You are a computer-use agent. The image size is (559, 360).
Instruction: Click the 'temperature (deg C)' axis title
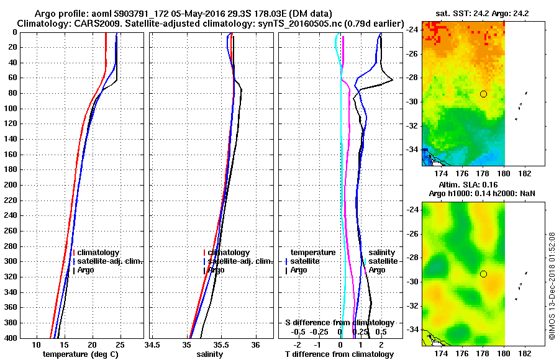tap(80, 354)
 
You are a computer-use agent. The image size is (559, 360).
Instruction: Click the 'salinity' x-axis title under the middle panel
tap(209, 354)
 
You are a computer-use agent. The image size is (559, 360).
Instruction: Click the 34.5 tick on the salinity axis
tap(152, 344)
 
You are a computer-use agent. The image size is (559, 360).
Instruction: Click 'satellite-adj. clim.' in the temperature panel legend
tap(109, 261)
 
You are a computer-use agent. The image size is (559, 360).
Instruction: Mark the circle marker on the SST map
tap(483, 94)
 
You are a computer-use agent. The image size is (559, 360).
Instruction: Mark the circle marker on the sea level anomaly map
tap(483, 274)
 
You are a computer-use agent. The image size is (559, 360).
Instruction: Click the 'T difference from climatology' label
tap(340, 354)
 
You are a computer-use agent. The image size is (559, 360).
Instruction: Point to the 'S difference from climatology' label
tap(340, 323)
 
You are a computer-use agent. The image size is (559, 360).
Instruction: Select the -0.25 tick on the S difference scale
tap(320, 332)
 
